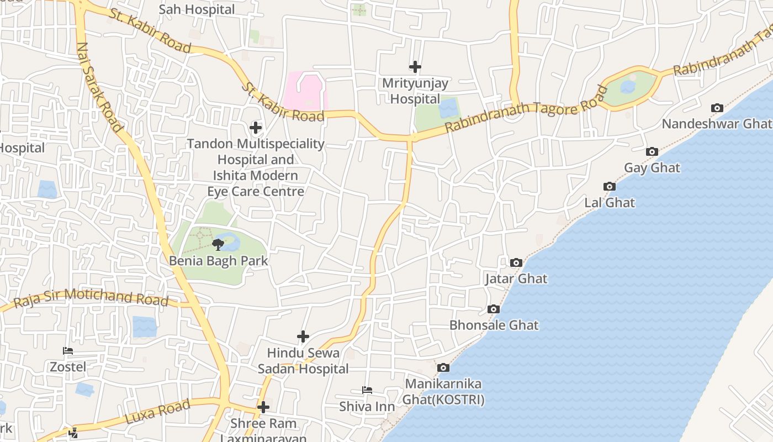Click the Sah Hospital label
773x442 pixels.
point(197,9)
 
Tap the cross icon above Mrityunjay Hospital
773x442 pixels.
point(415,67)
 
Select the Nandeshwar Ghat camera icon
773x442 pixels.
point(717,108)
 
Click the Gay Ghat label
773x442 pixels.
point(652,167)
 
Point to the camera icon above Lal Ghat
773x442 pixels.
point(610,187)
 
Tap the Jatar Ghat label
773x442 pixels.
point(516,278)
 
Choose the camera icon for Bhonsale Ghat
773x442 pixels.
point(494,309)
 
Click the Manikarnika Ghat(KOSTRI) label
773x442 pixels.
point(443,392)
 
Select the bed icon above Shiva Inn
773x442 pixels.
point(367,390)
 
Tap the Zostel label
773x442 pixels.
point(68,367)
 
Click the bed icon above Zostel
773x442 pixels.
point(68,351)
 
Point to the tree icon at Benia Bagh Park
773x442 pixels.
point(218,244)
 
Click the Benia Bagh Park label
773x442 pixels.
point(219,261)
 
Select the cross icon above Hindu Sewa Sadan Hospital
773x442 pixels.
point(303,336)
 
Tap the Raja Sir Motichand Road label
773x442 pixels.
point(91,298)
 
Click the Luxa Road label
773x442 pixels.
point(158,412)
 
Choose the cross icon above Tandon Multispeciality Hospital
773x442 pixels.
point(256,128)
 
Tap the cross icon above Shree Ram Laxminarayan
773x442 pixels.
point(263,407)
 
